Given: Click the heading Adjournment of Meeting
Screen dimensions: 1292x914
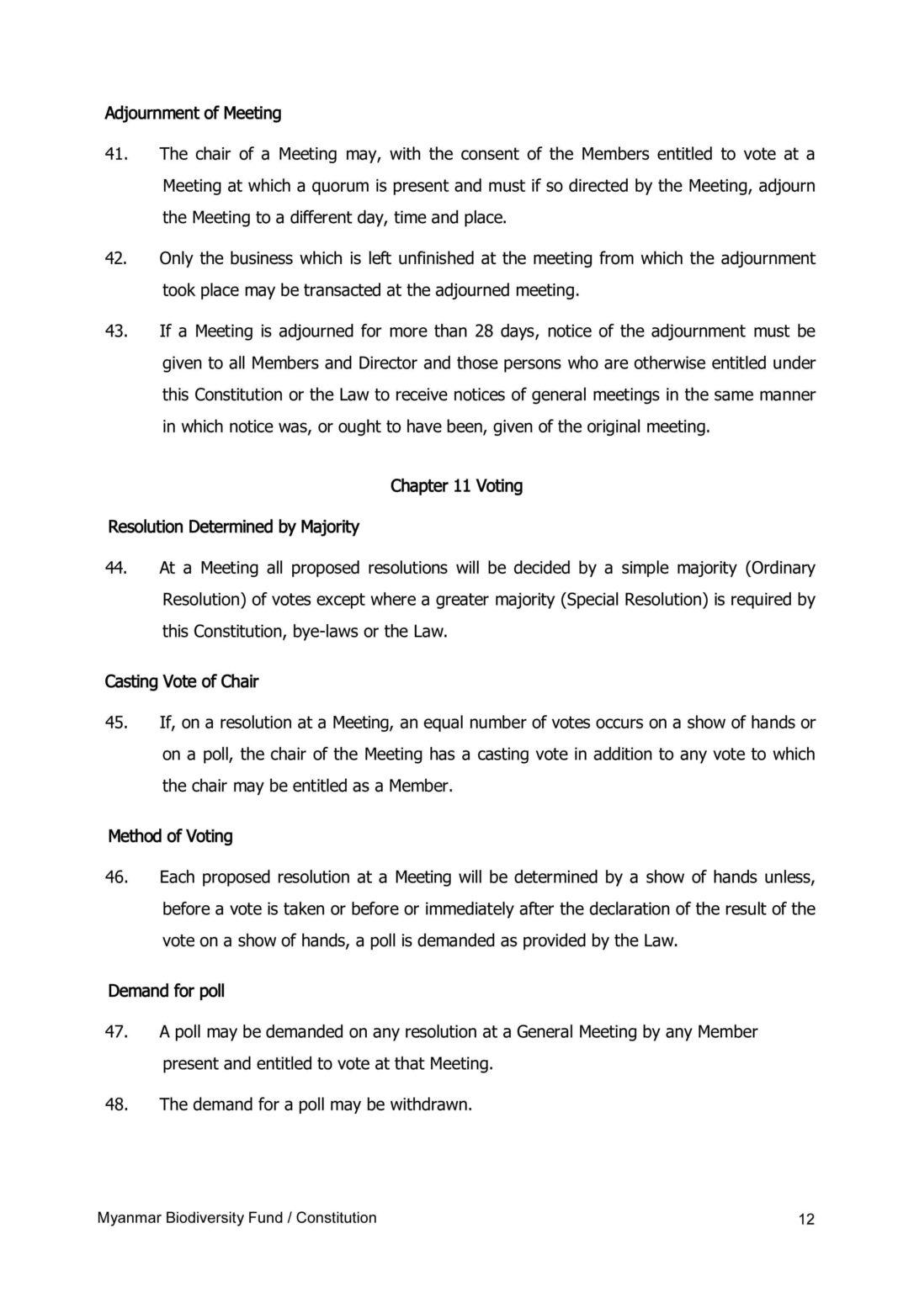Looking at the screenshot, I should click(193, 113).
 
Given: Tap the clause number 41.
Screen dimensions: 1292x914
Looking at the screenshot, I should click(115, 154).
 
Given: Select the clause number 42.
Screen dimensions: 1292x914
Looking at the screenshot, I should click(115, 258).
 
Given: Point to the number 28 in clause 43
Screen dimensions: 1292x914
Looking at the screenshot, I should click(484, 331).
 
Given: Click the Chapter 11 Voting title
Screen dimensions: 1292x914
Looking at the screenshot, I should click(456, 486).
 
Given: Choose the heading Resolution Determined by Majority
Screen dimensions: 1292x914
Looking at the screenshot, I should click(233, 527).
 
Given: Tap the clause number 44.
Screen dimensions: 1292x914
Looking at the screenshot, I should click(115, 568).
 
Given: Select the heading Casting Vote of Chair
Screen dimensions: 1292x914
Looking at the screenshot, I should click(181, 682).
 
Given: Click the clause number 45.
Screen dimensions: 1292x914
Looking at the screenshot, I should click(115, 723).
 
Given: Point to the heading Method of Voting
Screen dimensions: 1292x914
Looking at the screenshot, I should click(170, 837).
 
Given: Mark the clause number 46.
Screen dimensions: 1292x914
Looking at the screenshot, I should click(115, 877).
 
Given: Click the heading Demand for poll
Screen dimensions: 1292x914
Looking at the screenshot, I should click(166, 992).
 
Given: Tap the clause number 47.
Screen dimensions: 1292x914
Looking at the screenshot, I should click(115, 1032).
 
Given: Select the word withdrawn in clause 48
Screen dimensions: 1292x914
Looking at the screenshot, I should click(430, 1104).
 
